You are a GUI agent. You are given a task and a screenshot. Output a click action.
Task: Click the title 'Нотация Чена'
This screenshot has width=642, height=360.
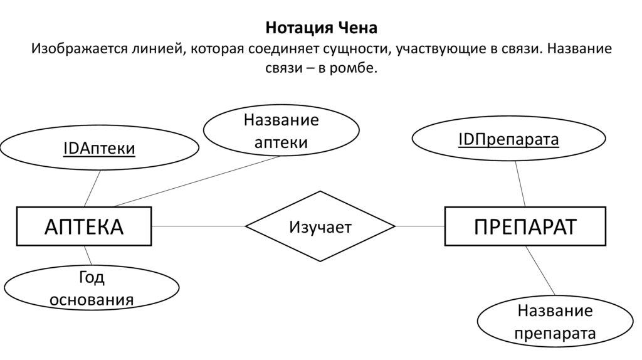(x=321, y=28)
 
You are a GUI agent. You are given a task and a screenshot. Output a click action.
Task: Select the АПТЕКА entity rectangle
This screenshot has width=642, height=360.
(x=84, y=226)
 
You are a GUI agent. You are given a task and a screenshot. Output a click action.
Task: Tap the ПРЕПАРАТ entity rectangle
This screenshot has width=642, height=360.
(x=525, y=226)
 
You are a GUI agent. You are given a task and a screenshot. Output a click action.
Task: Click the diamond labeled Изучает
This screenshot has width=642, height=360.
(x=320, y=226)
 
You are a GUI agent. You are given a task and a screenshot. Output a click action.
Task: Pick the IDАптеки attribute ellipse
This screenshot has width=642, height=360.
(x=99, y=149)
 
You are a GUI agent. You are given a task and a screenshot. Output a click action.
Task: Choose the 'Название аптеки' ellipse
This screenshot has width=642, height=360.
(x=281, y=130)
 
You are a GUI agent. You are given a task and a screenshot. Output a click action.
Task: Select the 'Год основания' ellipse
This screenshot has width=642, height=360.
(x=92, y=289)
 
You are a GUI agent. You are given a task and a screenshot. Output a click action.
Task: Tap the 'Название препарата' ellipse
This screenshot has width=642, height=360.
(x=554, y=322)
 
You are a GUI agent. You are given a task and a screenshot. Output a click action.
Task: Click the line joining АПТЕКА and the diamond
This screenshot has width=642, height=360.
(x=198, y=226)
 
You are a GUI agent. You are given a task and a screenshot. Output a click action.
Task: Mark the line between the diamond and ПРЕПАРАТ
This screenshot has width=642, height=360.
(x=420, y=226)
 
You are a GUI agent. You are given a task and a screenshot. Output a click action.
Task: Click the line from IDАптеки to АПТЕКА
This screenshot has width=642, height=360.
(x=92, y=189)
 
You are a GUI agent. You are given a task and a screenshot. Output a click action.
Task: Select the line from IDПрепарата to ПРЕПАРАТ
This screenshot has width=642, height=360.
(x=520, y=184)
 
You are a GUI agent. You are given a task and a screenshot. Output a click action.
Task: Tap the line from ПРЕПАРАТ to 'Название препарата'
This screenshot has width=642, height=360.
(x=540, y=270)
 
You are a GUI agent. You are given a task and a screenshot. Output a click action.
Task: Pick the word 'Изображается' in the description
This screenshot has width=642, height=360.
(x=74, y=48)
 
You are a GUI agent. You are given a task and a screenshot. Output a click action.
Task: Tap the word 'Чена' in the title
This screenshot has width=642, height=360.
(x=357, y=28)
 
